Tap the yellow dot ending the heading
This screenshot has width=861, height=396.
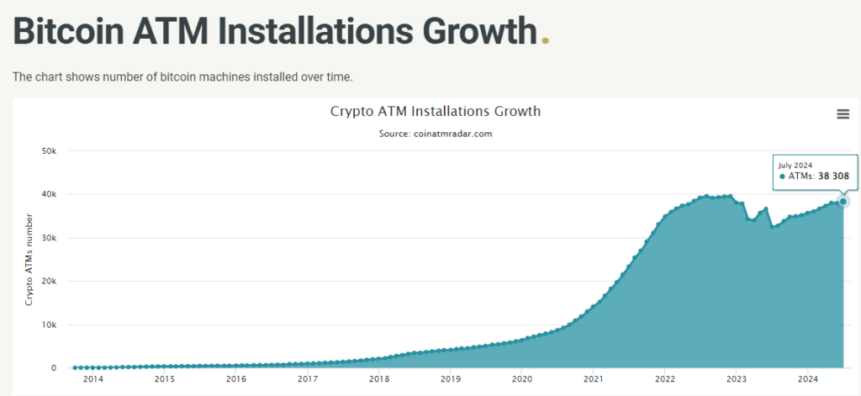pyautogui.click(x=546, y=40)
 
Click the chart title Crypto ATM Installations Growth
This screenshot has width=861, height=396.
pyautogui.click(x=435, y=111)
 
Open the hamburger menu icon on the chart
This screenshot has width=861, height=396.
pyautogui.click(x=843, y=114)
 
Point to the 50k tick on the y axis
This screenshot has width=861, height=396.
pyautogui.click(x=48, y=151)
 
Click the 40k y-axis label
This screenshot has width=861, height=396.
pyautogui.click(x=48, y=194)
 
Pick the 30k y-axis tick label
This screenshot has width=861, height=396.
pyautogui.click(x=48, y=238)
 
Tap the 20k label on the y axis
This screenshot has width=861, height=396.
pyautogui.click(x=48, y=282)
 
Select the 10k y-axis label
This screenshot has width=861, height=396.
pyautogui.click(x=48, y=325)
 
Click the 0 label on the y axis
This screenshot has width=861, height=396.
pyautogui.click(x=53, y=368)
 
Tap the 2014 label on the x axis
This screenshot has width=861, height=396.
pyautogui.click(x=92, y=379)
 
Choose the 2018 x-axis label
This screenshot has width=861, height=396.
pyautogui.click(x=378, y=379)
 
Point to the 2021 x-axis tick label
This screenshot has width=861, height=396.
pyautogui.click(x=593, y=379)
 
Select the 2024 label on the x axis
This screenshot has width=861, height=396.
pyautogui.click(x=807, y=379)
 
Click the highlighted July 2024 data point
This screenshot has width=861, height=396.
pyautogui.click(x=843, y=201)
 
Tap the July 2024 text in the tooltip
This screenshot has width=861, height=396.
pyautogui.click(x=795, y=165)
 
